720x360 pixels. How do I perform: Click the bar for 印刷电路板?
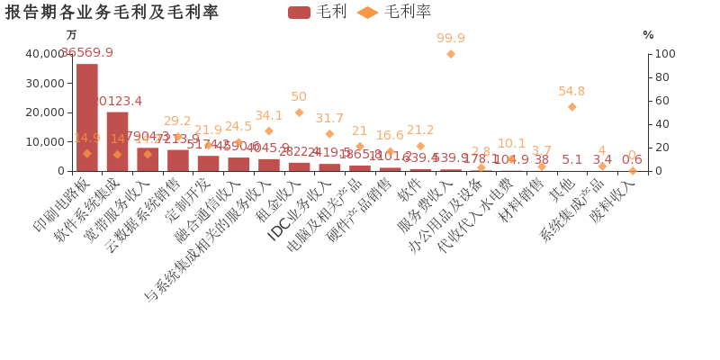pyautogui.click(x=87, y=117)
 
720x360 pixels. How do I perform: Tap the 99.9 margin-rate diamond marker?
pyautogui.click(x=451, y=54)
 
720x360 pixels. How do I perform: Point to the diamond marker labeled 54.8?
pyautogui.click(x=571, y=106)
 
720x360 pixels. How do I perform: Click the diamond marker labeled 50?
pyautogui.click(x=299, y=112)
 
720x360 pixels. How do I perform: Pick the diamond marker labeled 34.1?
pyautogui.click(x=269, y=130)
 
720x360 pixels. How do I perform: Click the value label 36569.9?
pyautogui.click(x=87, y=53)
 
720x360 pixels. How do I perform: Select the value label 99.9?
pyautogui.click(x=451, y=38)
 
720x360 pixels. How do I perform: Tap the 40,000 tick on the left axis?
pyautogui.click(x=45, y=54)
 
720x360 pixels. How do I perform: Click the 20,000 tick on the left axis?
pyautogui.click(x=45, y=112)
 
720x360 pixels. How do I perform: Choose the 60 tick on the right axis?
pyautogui.click(x=661, y=101)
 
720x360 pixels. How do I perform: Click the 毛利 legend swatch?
pyautogui.click(x=299, y=12)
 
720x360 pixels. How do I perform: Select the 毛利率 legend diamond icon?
pyautogui.click(x=367, y=12)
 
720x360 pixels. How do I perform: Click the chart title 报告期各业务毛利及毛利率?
pyautogui.click(x=112, y=12)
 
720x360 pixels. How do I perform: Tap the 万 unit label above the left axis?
pyautogui.click(x=72, y=35)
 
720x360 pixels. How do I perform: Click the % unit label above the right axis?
pyautogui.click(x=648, y=35)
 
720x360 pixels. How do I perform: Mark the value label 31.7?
pyautogui.click(x=329, y=118)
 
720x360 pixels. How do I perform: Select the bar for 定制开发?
pyautogui.click(x=208, y=163)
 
